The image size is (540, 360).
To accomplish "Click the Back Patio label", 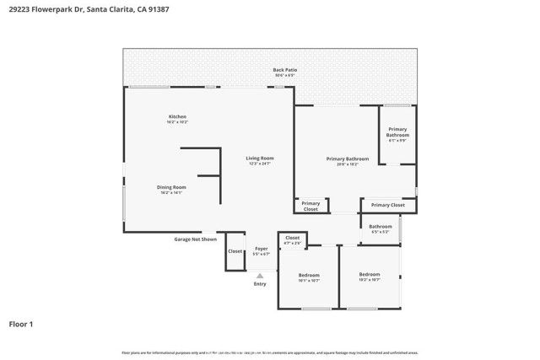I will [x=284, y=70].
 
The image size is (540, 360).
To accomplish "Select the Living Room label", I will [x=260, y=158].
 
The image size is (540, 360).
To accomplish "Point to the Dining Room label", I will [x=171, y=187].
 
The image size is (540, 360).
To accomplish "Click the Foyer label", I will [x=262, y=248].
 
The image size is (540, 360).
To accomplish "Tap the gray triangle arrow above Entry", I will [x=260, y=275].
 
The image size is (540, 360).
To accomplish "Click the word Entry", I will [x=260, y=283].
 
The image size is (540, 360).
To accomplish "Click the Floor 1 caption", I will [x=21, y=323].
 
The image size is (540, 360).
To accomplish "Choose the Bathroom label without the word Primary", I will [x=381, y=226].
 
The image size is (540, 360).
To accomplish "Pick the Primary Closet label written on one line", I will [x=387, y=205].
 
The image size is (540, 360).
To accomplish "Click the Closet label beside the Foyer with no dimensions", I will [x=235, y=251].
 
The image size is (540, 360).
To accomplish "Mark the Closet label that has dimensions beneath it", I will [x=292, y=238].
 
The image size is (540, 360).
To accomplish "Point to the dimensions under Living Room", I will [x=260, y=164].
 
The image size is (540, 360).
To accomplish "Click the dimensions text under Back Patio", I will [x=284, y=76].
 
